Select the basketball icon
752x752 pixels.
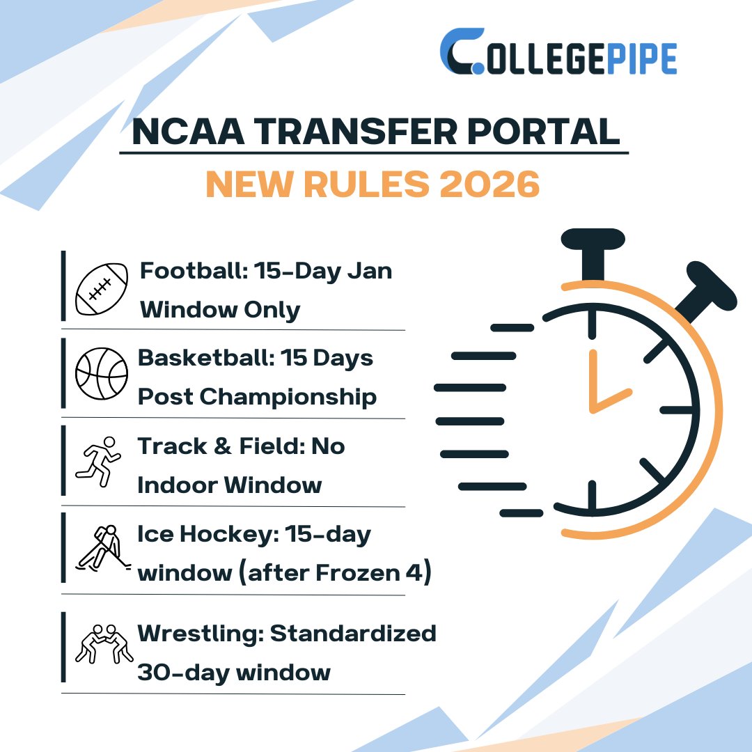point(102,374)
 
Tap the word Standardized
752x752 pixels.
point(353,634)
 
